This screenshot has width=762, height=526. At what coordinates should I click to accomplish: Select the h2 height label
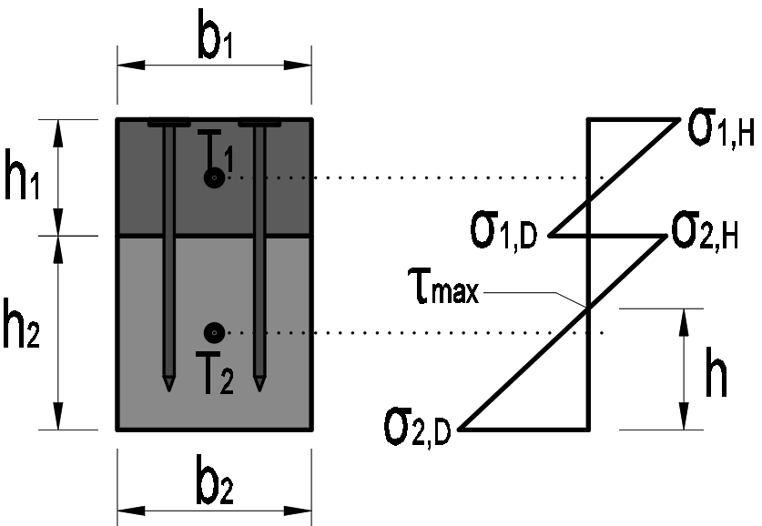[x=22, y=332]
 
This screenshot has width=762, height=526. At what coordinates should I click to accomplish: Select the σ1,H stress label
[x=719, y=130]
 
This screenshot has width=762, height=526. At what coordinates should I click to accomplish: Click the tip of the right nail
[x=260, y=388]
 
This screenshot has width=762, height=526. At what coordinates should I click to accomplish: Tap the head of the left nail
[x=168, y=122]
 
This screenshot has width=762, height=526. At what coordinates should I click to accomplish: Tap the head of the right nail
[x=260, y=122]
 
